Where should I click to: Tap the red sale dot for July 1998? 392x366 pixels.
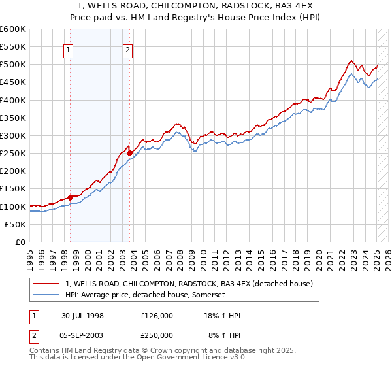click(71, 197)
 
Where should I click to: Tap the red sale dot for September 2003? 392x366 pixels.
click(129, 153)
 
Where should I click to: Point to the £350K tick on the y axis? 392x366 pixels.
click(13, 118)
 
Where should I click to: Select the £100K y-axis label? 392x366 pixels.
click(13, 207)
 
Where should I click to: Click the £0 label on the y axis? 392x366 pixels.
click(20, 242)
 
